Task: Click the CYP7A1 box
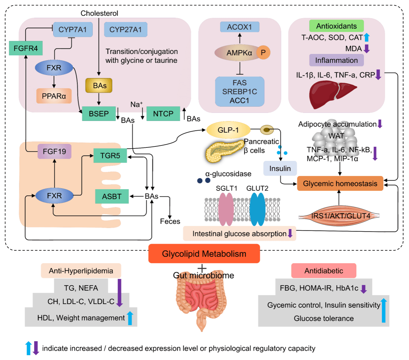pos(73,30)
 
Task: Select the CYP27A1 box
pos(125,30)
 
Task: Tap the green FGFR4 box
pos(26,48)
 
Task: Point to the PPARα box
pos(54,96)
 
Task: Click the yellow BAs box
pos(99,86)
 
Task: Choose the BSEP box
pos(99,114)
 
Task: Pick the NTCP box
pos(163,114)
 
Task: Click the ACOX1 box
pos(239,27)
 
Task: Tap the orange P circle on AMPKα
pos(263,52)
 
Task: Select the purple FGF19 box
pos(54,151)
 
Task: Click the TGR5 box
pos(110,155)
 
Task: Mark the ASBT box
pos(112,196)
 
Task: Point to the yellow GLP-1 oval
pos(228,130)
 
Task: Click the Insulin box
pos(280,168)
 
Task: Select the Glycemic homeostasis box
pos(340,184)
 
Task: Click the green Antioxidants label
pos(336,26)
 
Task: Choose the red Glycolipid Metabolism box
pos(204,254)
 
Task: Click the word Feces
pos(170,221)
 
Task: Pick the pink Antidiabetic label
pos(323,271)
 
